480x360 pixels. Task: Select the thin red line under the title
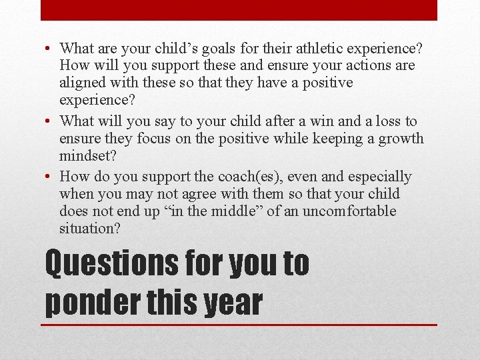point(240,325)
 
